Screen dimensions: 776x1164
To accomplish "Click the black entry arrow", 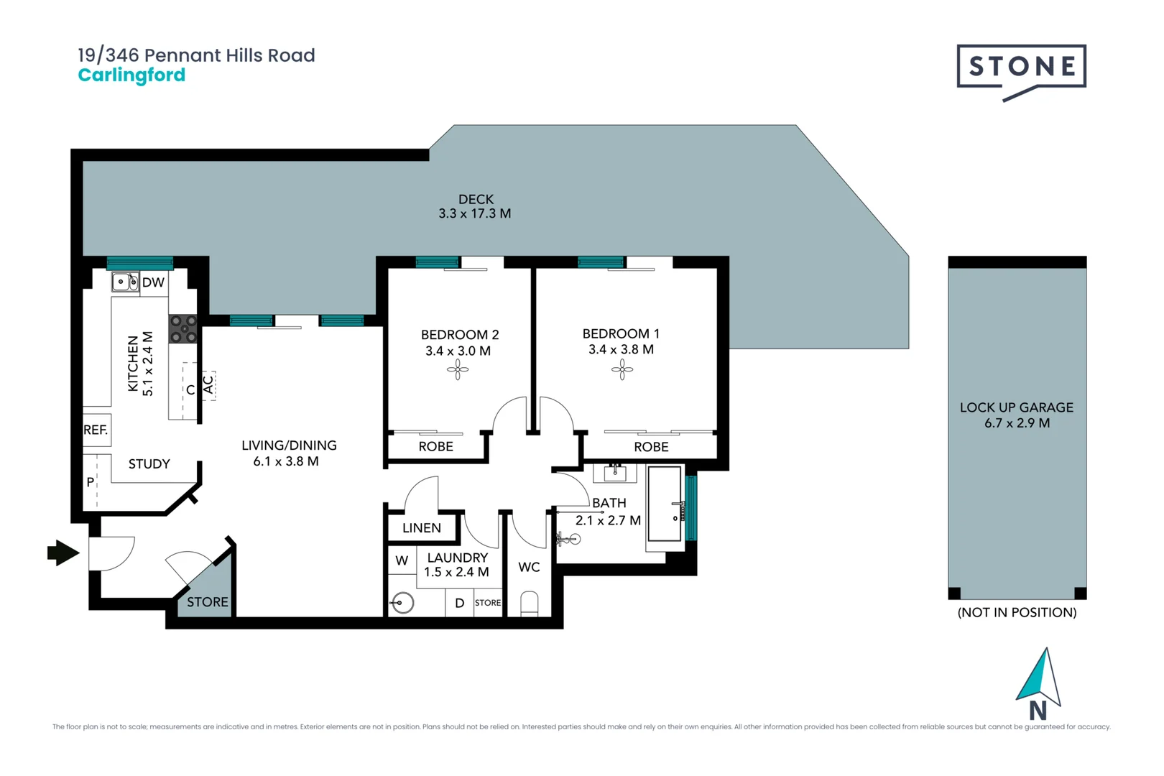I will click(63, 553).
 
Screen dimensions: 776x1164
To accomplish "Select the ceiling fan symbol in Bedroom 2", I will click(458, 370).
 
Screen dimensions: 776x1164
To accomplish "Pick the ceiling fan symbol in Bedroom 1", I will click(622, 370).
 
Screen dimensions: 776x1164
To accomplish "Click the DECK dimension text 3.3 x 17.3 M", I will click(474, 213).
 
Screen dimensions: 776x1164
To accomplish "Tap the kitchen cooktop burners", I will click(183, 328).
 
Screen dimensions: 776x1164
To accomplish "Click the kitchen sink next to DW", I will click(125, 282).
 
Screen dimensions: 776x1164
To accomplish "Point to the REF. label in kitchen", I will click(96, 430).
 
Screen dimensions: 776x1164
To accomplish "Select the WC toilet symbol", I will click(529, 604).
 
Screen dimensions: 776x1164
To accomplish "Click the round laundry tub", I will click(403, 602).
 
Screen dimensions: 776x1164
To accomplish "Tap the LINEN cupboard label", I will click(422, 528).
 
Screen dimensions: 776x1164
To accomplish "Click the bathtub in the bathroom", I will click(665, 503).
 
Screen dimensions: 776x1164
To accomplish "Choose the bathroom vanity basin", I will click(615, 473).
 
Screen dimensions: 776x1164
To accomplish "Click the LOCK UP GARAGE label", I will click(1016, 407).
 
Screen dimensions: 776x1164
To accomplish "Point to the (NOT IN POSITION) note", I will click(1016, 612).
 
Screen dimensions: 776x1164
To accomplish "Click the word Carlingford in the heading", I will click(131, 75).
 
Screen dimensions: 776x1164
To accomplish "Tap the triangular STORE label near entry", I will click(208, 602).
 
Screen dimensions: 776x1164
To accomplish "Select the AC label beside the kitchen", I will click(208, 385).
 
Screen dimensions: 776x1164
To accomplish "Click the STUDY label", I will click(149, 464).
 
